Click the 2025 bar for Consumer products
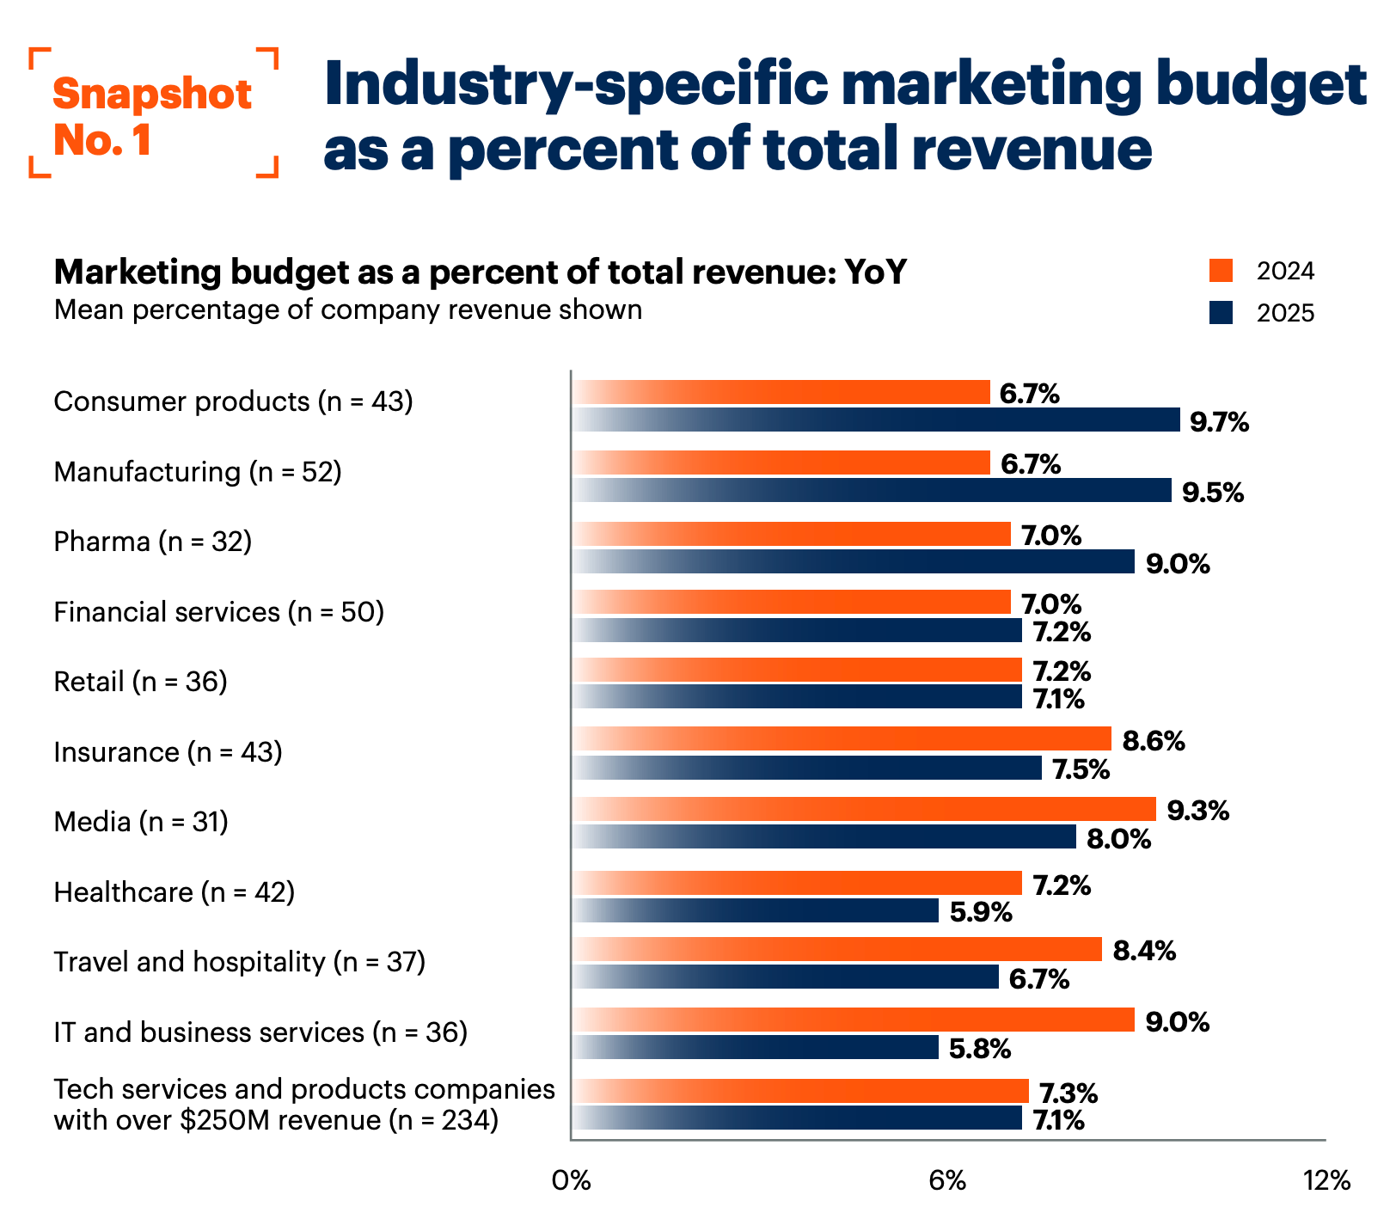click(877, 420)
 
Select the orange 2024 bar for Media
click(865, 810)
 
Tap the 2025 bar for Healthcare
click(756, 910)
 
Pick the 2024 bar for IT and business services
click(854, 1020)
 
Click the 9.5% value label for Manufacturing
click(1212, 493)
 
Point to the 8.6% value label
click(1154, 741)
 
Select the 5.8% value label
click(980, 1049)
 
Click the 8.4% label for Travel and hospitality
click(1144, 951)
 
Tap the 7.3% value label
click(1068, 1093)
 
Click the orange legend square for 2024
click(1221, 271)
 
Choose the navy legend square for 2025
click(1221, 312)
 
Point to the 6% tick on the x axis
click(947, 1181)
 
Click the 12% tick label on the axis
click(1326, 1181)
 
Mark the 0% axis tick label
click(571, 1181)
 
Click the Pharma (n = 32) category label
click(153, 542)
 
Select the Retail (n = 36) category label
click(140, 682)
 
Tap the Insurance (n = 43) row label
click(168, 752)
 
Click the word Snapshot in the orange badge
click(152, 94)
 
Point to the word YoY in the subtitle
click(875, 272)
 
